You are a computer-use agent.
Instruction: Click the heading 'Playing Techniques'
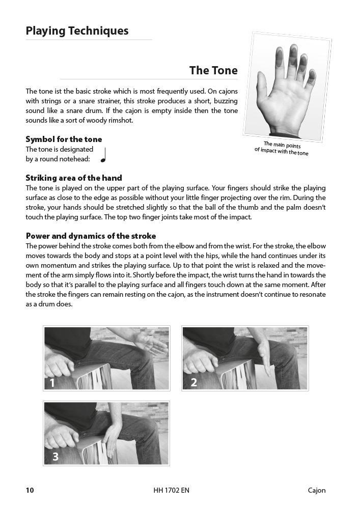(x=77, y=31)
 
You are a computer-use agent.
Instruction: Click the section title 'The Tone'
(x=213, y=70)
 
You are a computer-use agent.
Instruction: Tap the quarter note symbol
(x=103, y=155)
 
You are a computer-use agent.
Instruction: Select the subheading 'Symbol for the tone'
(x=64, y=139)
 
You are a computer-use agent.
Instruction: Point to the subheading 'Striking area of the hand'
(x=74, y=178)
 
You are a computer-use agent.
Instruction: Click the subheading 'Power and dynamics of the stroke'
(x=91, y=236)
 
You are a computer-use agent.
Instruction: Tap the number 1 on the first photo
(x=52, y=382)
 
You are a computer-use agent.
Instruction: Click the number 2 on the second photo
(x=193, y=382)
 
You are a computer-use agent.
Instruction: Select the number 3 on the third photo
(x=56, y=457)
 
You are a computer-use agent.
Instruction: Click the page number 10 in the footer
(x=30, y=490)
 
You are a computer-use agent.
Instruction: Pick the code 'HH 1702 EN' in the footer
(x=171, y=490)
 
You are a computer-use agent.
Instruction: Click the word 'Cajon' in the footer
(x=316, y=490)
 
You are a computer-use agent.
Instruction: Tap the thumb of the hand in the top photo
(x=264, y=90)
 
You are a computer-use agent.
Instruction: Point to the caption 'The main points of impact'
(x=282, y=149)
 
